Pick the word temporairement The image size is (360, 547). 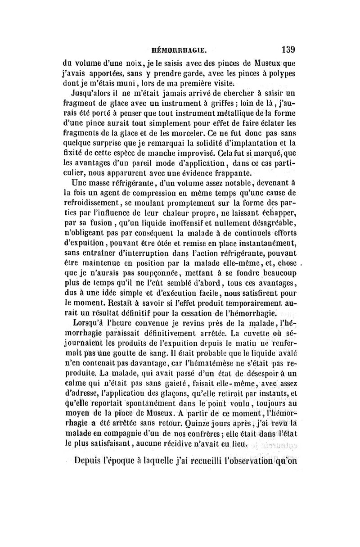pos(244,303)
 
